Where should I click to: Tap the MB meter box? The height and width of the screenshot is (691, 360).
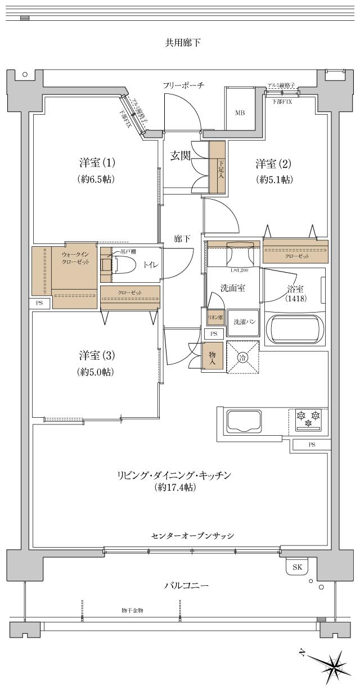(x=240, y=112)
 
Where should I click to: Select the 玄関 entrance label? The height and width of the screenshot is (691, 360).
(x=181, y=156)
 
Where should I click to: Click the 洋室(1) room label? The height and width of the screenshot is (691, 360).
(x=97, y=164)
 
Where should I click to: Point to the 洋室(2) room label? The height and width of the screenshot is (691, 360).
(x=273, y=164)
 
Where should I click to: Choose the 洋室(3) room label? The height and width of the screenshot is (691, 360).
(x=97, y=355)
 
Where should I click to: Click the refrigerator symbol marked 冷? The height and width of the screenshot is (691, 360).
(x=242, y=356)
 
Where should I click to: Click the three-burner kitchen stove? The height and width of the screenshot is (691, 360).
(x=308, y=419)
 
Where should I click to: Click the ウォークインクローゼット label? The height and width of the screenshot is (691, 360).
(x=75, y=258)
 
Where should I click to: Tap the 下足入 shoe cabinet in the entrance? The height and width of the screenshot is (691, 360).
(x=218, y=167)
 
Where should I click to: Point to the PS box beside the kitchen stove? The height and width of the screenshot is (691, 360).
(x=311, y=445)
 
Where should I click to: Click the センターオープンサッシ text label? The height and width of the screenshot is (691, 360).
(x=192, y=535)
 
